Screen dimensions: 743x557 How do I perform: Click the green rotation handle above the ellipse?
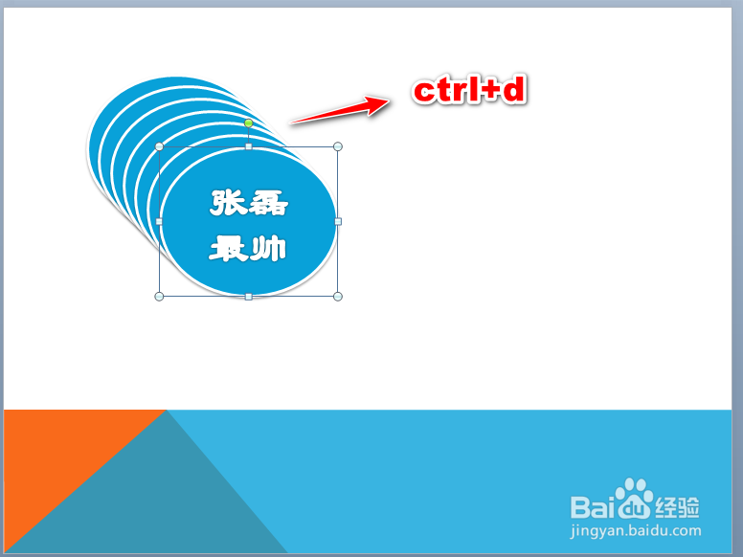[248, 123]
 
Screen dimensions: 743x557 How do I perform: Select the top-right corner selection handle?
[338, 146]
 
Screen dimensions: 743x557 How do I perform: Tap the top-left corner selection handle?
[159, 146]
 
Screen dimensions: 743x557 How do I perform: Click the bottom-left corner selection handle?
[159, 297]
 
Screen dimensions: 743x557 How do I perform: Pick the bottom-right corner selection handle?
[338, 297]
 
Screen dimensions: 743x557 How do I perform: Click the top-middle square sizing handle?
[248, 146]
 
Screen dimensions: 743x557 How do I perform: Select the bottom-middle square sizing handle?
[248, 297]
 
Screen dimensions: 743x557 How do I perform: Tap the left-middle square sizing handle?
[159, 221]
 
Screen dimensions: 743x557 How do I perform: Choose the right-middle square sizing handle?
[338, 221]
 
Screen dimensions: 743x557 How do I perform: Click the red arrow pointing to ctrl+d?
[340, 110]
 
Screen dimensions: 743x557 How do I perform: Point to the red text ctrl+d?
[469, 90]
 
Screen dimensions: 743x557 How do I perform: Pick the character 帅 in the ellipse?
[269, 249]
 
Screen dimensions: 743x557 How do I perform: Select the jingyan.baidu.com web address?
[636, 531]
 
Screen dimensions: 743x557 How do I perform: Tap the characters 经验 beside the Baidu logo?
[677, 507]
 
